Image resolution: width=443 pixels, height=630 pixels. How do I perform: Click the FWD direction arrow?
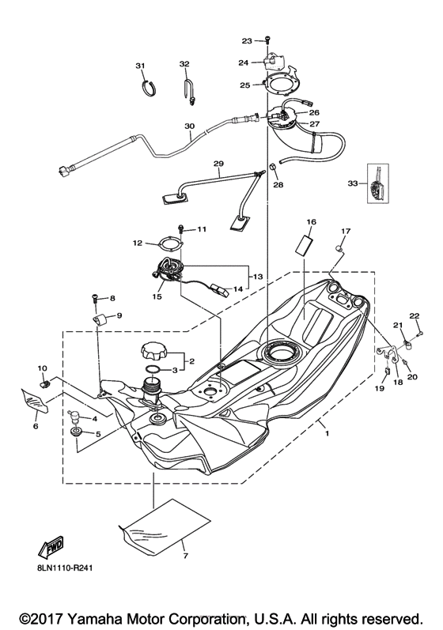coord(49,547)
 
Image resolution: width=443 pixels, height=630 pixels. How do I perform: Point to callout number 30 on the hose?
coord(189,126)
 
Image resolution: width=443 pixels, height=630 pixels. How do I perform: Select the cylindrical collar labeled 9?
coord(101,319)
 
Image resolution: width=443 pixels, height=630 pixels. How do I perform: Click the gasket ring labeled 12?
coord(165,245)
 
